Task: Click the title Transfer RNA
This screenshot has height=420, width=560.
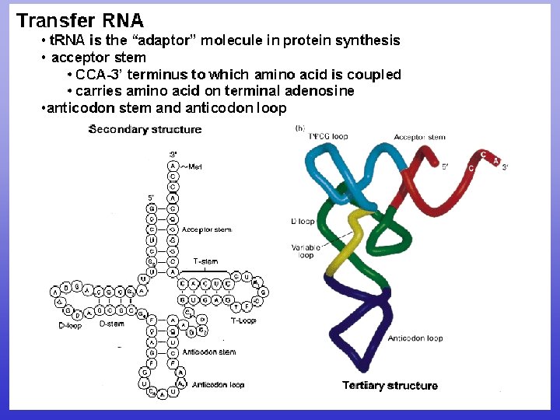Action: pos(80,19)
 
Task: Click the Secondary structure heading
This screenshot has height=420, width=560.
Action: pos(145,129)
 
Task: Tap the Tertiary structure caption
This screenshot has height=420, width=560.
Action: pos(390,385)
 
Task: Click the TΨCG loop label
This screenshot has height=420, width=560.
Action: pos(328,137)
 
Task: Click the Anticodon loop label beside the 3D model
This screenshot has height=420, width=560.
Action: pos(415,338)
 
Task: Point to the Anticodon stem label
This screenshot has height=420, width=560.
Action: pos(208,352)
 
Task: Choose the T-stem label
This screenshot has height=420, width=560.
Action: pos(205,261)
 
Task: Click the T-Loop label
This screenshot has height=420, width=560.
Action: pos(243,320)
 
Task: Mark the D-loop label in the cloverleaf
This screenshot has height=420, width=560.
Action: pos(70,326)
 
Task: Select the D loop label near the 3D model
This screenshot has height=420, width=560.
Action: pos(303,222)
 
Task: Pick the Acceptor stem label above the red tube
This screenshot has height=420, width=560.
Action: pos(419,138)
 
